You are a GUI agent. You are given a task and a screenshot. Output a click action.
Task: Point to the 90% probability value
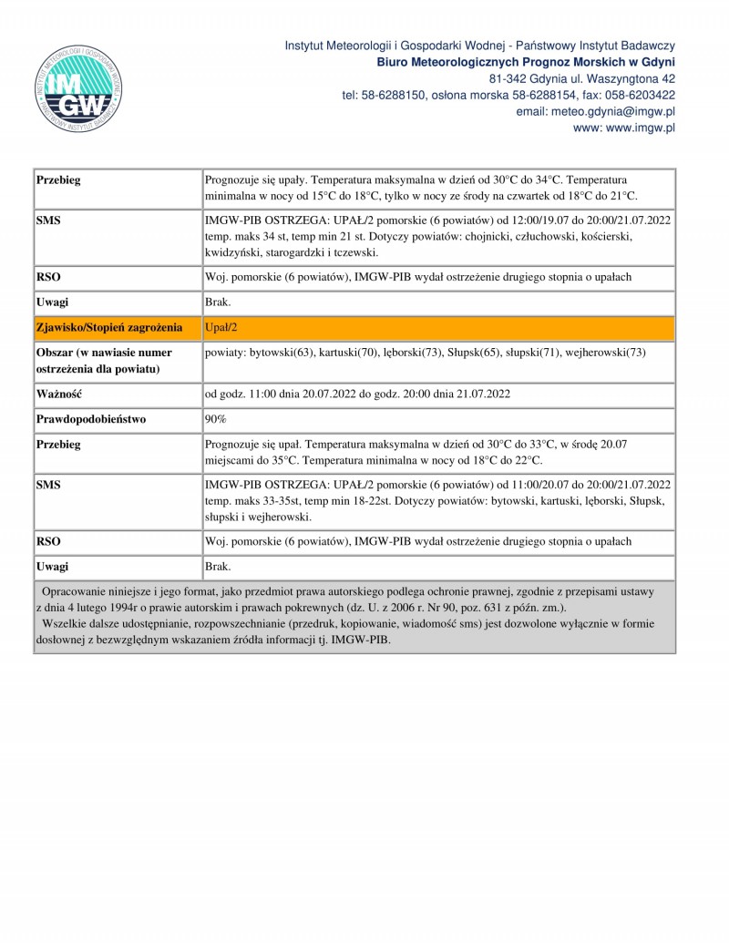216,419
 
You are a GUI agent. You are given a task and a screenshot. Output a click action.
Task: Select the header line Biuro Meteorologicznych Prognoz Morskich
526,62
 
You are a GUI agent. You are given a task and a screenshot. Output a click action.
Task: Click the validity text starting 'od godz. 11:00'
356,395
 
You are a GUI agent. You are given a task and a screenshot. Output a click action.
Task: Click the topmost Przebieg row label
58,180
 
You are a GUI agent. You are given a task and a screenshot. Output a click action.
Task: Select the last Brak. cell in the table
218,567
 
